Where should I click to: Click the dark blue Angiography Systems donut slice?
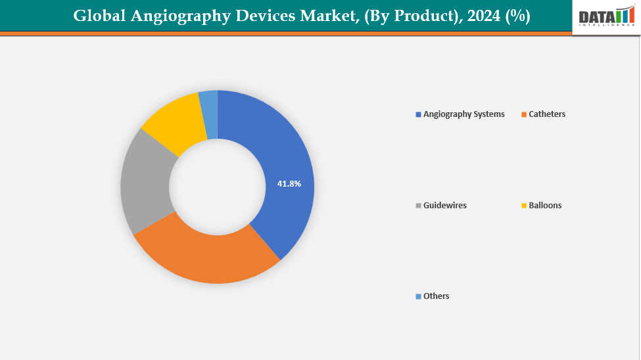point(283,164)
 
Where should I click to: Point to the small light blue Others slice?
point(208,104)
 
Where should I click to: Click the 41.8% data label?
point(289,184)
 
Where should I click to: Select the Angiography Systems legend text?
point(463,114)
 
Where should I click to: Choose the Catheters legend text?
point(547,114)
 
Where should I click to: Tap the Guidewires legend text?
point(444,206)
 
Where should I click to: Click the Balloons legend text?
point(545,206)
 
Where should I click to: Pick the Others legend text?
point(436,296)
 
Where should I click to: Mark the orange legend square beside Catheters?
point(524,115)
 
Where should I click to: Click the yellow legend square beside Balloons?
point(524,206)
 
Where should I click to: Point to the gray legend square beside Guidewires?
point(418,206)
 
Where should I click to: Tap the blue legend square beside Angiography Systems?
point(418,115)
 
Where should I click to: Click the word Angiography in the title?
point(178,16)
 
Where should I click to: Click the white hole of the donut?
point(218,187)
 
